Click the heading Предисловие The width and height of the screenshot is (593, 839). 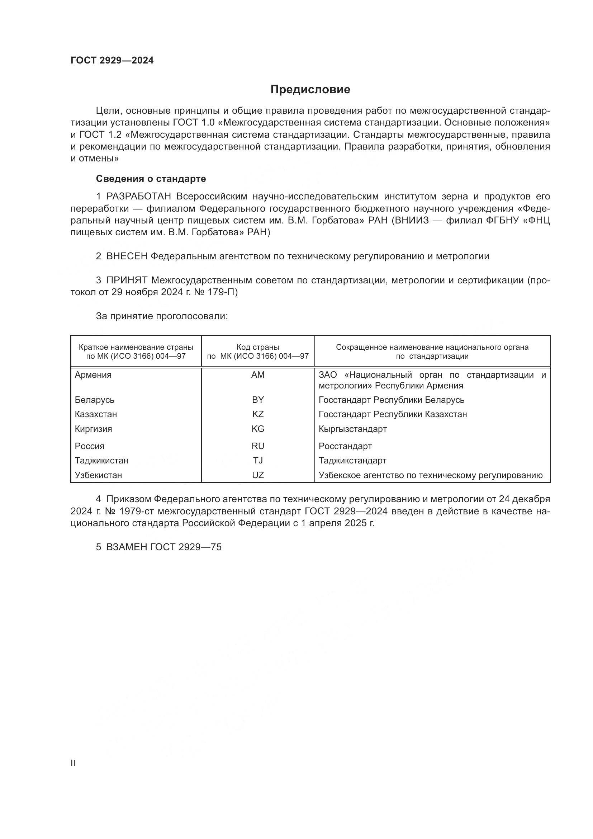[310, 90]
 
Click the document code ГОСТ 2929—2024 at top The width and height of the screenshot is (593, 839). [112, 61]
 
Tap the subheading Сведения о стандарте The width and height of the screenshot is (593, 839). [151, 179]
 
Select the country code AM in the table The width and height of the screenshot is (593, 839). [258, 375]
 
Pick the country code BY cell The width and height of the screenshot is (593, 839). [258, 400]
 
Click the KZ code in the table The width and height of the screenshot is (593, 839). [258, 414]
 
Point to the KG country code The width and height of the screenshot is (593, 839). [258, 429]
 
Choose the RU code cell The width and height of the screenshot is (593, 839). [258, 446]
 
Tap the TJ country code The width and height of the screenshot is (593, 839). [258, 461]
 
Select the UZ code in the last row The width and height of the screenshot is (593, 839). [258, 475]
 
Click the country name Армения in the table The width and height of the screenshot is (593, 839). [93, 375]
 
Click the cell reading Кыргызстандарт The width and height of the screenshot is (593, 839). [352, 429]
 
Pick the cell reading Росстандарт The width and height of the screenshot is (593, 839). [345, 446]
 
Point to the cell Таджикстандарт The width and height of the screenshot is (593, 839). [352, 461]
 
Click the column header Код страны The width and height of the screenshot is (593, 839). [258, 347]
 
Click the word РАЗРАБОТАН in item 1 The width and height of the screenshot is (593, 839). [139, 197]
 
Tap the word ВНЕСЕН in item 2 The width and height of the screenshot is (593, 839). [127, 256]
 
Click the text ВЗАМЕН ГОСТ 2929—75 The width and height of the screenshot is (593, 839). [164, 547]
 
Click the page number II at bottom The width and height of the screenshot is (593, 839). [73, 763]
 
